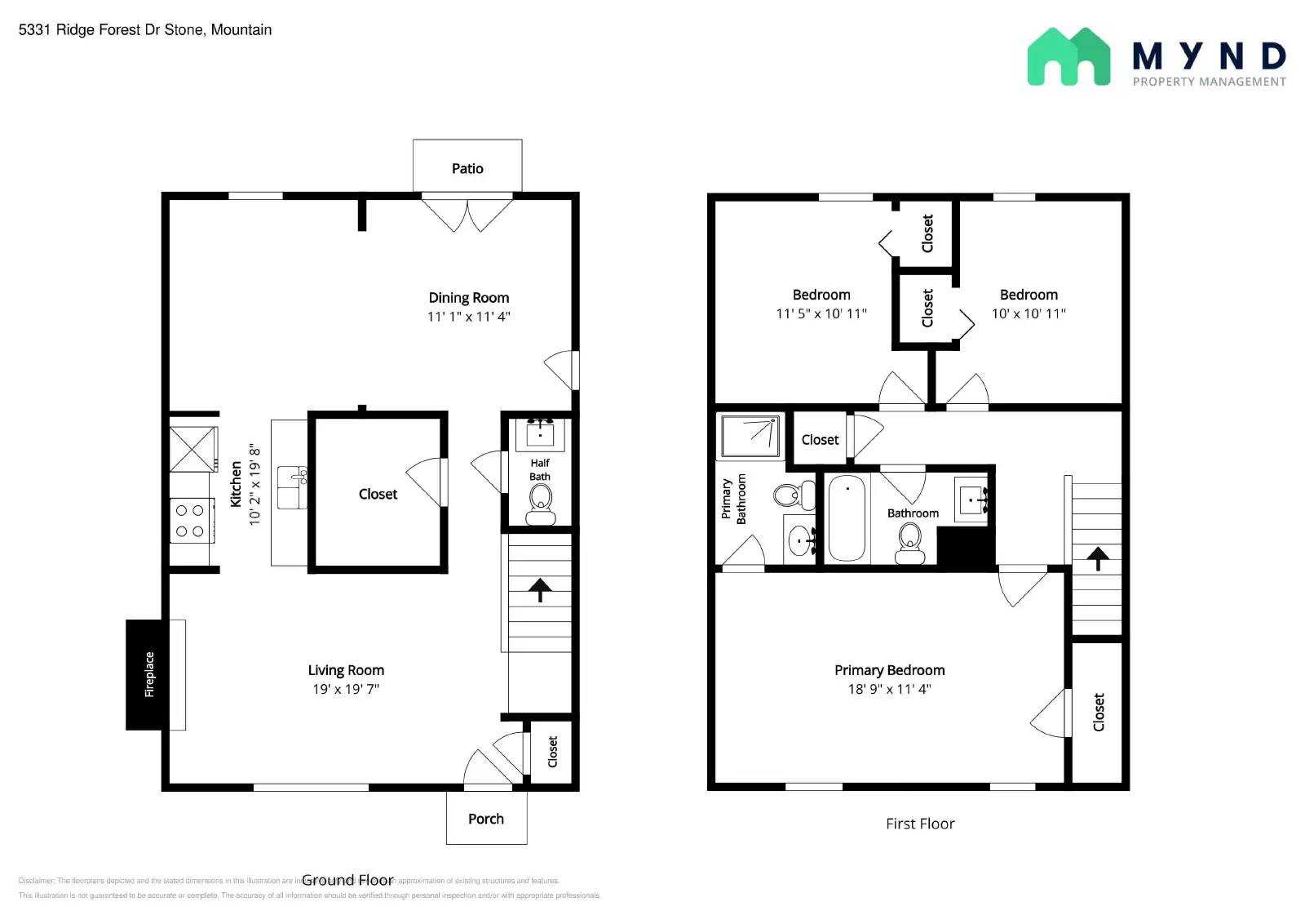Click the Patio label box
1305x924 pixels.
467,167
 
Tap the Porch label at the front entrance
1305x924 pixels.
486,819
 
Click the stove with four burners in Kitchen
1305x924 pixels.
190,521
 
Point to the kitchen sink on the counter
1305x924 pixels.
291,487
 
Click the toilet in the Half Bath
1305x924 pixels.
540,501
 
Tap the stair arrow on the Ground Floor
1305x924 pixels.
540,589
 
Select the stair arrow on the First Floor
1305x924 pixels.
1098,558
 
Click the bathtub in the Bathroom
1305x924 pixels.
847,518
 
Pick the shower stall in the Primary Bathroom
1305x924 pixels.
750,436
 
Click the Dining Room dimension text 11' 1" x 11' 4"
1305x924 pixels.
469,317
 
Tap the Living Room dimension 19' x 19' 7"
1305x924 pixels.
346,689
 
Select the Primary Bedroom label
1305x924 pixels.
889,670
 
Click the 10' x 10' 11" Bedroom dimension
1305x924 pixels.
1029,313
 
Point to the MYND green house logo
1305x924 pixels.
1068,57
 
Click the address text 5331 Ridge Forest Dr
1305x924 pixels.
110,29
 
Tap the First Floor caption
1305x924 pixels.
920,824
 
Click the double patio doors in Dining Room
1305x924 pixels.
467,214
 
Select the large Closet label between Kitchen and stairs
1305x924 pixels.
378,494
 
